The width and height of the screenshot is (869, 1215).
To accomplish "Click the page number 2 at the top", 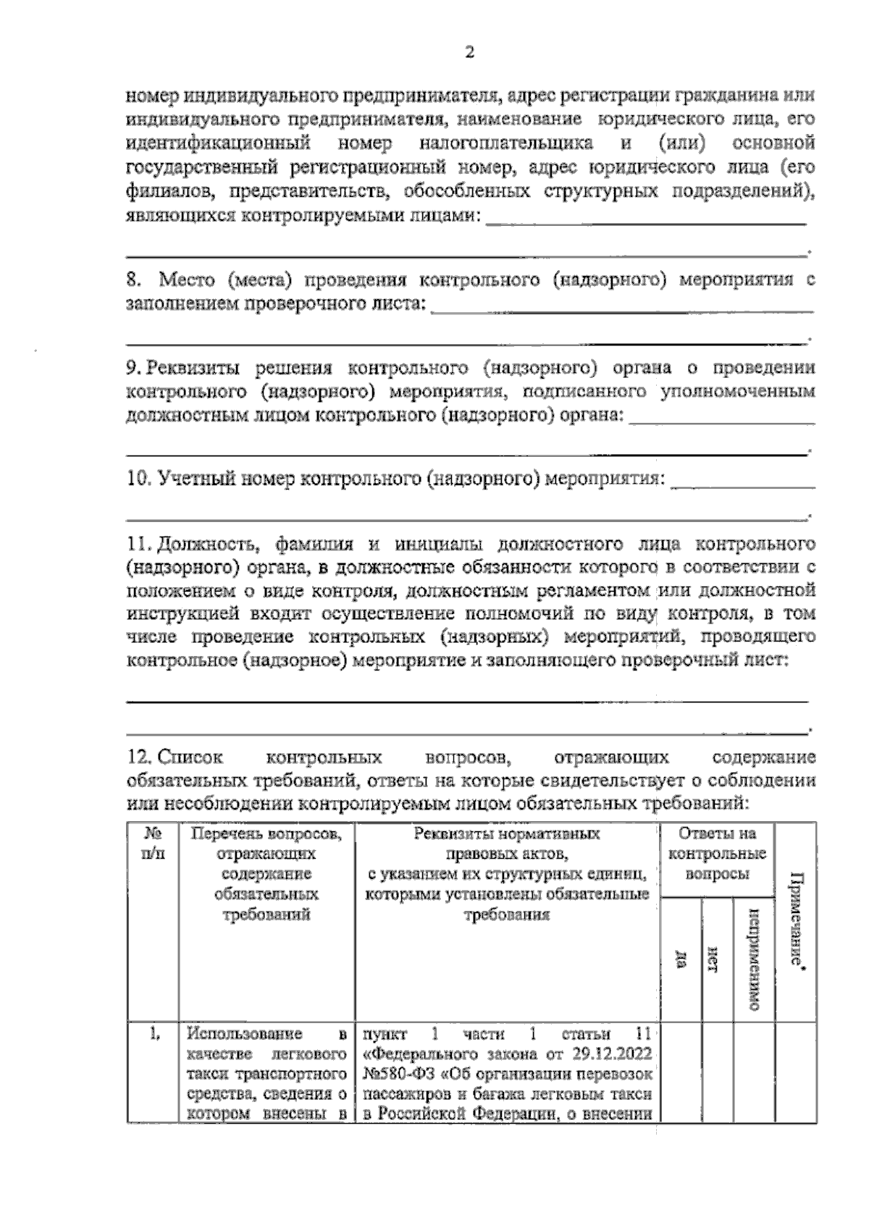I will tap(469, 53).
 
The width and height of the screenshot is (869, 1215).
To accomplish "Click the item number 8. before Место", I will tap(134, 280).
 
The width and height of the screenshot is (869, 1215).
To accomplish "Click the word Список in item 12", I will tap(190, 757).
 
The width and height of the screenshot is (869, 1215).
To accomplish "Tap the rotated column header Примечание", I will tap(796, 920).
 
